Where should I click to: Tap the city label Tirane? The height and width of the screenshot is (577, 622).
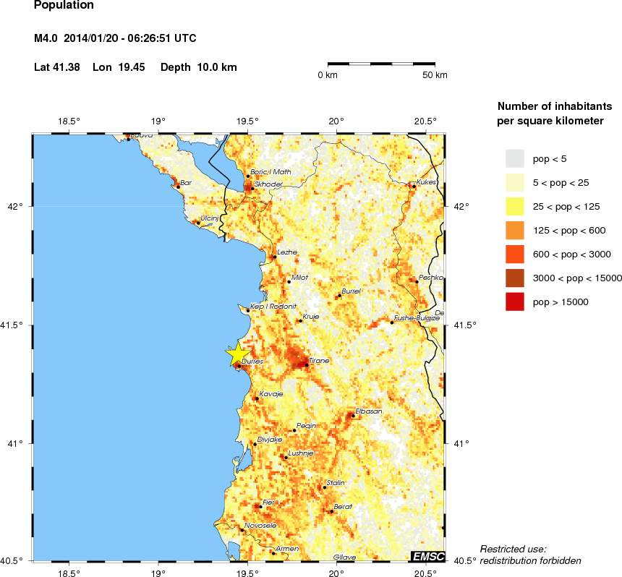coord(319,359)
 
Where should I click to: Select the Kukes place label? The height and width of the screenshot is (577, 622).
coord(427,182)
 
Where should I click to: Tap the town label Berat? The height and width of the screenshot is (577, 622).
coord(342,507)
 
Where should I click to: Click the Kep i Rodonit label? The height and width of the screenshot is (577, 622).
coord(273,307)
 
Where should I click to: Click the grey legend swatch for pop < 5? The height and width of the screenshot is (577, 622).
coord(514,158)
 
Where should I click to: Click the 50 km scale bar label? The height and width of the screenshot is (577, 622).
coord(434,75)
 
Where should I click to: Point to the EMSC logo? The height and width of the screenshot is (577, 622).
coord(427,556)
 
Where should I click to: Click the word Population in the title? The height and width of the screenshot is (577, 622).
coord(64,5)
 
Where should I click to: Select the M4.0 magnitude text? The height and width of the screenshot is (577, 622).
coord(48,38)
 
